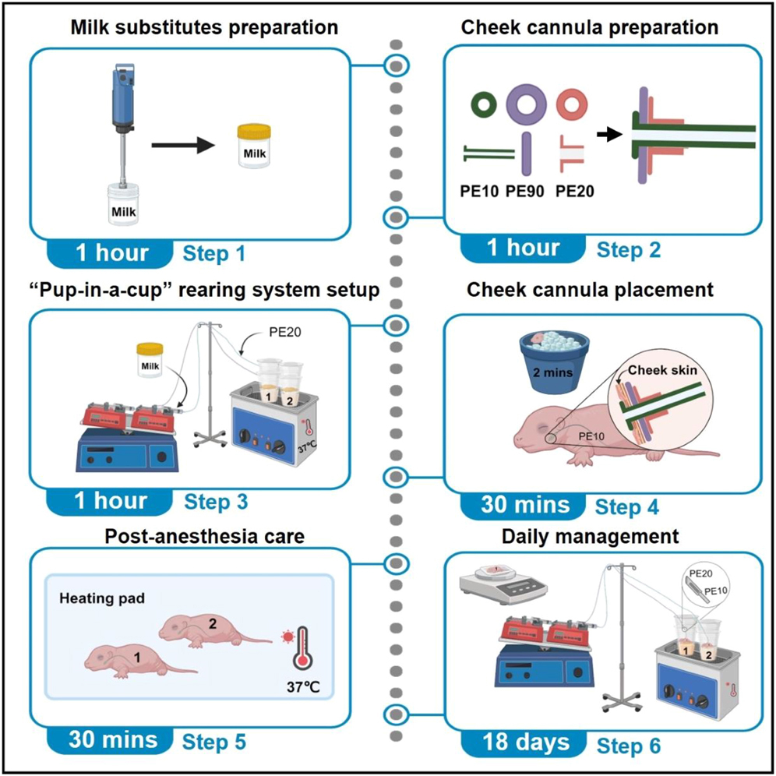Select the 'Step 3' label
click(x=215, y=501)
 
